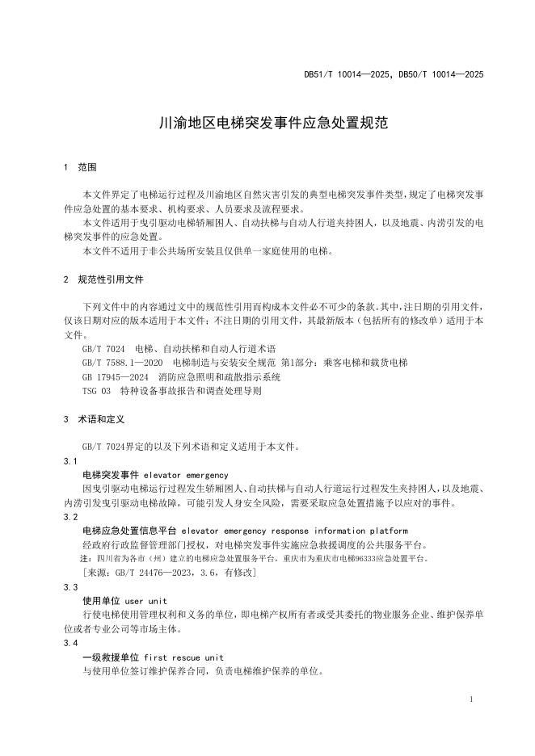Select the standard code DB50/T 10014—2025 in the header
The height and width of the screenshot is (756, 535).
click(441, 74)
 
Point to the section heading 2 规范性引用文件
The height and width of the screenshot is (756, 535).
click(103, 279)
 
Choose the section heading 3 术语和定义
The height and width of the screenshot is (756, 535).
click(93, 420)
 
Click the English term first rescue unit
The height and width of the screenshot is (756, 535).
click(184, 657)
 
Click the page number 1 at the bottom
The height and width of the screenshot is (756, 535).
click(470, 699)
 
